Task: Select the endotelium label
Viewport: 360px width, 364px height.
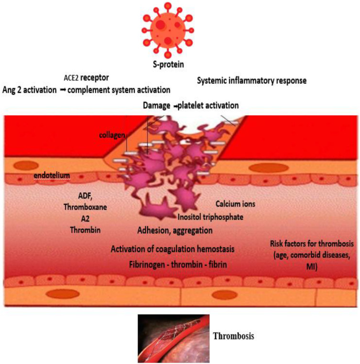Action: [52, 176]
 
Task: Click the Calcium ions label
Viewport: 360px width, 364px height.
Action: [235, 204]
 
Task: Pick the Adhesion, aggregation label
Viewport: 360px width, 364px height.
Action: [175, 231]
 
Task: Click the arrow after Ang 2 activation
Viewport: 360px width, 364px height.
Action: [62, 89]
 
